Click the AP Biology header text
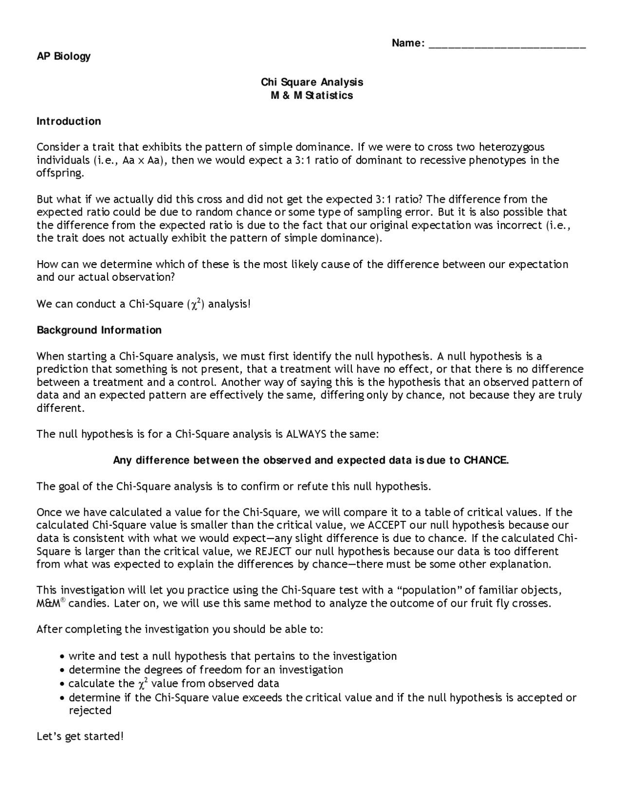pyautogui.click(x=64, y=56)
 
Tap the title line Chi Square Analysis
pyautogui.click(x=312, y=82)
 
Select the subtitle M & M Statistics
pyautogui.click(x=312, y=95)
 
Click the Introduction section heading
pyautogui.click(x=69, y=121)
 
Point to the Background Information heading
pyautogui.click(x=99, y=330)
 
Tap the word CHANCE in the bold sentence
pyautogui.click(x=486, y=460)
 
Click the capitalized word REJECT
pyautogui.click(x=273, y=551)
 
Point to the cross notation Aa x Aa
pyautogui.click(x=142, y=160)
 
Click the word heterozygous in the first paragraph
pyautogui.click(x=512, y=147)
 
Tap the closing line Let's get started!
pyautogui.click(x=80, y=736)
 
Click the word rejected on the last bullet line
pyautogui.click(x=90, y=710)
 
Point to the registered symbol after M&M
pyautogui.click(x=63, y=600)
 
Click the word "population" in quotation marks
pyautogui.click(x=429, y=590)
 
